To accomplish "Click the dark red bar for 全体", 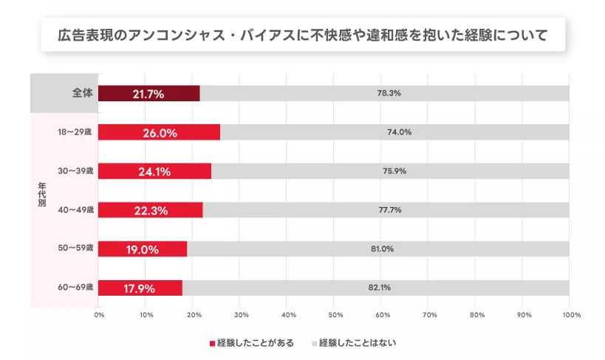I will pos(148,93).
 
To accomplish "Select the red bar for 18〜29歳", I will pos(159,132).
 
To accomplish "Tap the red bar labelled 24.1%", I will pos(154,171).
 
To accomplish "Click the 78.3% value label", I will pos(388,93).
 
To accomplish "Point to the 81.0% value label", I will pos(382,249).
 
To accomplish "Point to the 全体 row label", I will pos(82,93).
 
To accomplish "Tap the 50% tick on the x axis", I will pos(334,315).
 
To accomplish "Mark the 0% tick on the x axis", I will pos(99,315).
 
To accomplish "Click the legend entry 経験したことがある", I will pos(252,343).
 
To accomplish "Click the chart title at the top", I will pos(303,35).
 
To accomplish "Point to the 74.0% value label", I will pos(399,132).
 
